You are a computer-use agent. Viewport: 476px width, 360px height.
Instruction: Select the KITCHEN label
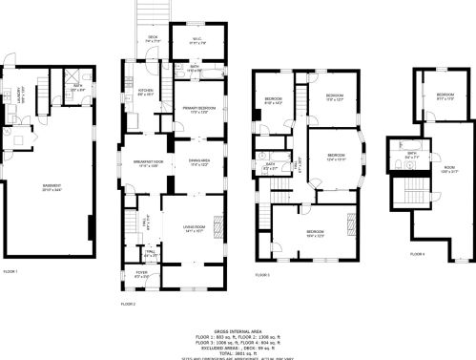click(x=146, y=92)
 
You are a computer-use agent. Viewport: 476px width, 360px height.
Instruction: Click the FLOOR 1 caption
click(x=10, y=271)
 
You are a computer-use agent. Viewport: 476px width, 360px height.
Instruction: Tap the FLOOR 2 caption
click(x=128, y=303)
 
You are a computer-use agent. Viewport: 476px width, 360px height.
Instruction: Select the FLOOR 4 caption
click(x=417, y=253)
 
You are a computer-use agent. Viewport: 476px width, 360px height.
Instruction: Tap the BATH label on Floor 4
click(x=410, y=153)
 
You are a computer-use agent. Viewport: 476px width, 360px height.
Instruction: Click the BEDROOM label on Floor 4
click(x=445, y=95)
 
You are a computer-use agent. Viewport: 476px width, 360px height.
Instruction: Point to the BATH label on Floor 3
click(x=270, y=163)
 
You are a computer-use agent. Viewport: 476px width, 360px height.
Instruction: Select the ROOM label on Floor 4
click(x=449, y=168)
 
